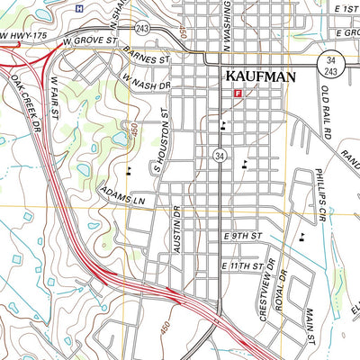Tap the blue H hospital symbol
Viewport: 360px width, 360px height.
pos(79,8)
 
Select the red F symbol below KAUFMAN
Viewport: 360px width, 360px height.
pos(238,93)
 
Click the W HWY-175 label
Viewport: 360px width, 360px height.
pos(22,36)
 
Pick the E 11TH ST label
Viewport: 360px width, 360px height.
pos(243,267)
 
